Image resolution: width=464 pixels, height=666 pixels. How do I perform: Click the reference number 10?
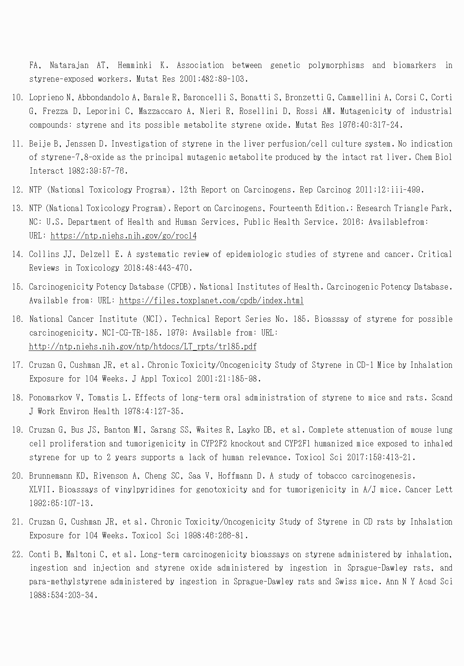pos(18,97)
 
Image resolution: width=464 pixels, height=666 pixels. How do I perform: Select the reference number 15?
pos(18,287)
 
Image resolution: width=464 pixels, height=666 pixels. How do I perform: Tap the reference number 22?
pos(18,554)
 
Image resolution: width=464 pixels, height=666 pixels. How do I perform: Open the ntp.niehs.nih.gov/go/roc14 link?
pos(123,236)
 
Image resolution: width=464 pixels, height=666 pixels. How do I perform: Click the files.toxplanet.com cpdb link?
pos(211,301)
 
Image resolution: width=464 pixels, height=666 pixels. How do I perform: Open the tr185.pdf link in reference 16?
pos(143,347)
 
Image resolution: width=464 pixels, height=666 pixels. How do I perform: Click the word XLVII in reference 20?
pos(42,490)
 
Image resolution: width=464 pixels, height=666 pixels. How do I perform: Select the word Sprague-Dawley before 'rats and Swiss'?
pos(263,582)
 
